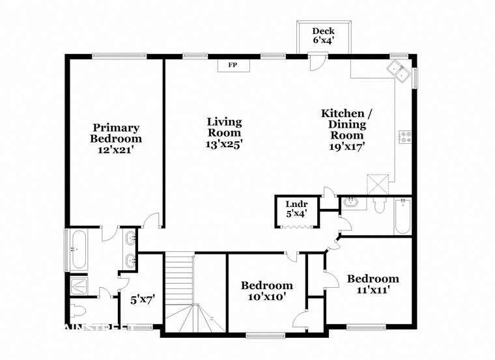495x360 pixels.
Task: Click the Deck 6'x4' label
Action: pyautogui.click(x=323, y=35)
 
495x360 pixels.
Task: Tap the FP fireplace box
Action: pyautogui.click(x=232, y=65)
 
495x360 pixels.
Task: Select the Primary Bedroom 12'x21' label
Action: pyautogui.click(x=116, y=138)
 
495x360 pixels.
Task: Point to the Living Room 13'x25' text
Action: pyautogui.click(x=224, y=133)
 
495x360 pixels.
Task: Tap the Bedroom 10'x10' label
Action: pyautogui.click(x=266, y=290)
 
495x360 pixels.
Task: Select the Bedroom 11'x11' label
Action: pyautogui.click(x=373, y=284)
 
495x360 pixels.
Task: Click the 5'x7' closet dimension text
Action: pyautogui.click(x=142, y=300)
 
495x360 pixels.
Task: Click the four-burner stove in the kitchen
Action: pyautogui.click(x=405, y=137)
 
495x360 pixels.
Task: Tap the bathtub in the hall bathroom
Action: pyautogui.click(x=402, y=217)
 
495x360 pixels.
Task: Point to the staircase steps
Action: pyautogui.click(x=178, y=280)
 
